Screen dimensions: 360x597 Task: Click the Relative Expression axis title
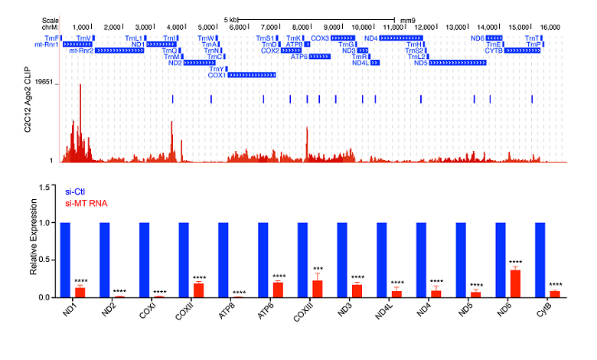[x=31, y=241]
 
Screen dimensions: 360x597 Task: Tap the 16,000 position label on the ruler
[x=550, y=27]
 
